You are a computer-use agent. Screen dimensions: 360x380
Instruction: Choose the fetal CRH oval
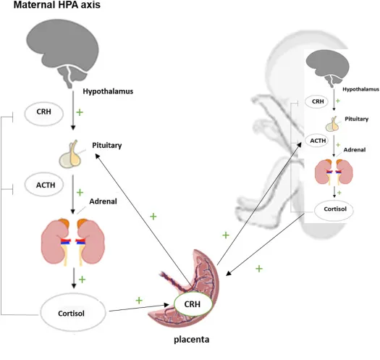[x=316, y=102]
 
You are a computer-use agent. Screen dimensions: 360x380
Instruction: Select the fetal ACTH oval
[x=316, y=141]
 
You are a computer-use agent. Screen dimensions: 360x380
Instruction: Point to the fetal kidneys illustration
[x=334, y=172]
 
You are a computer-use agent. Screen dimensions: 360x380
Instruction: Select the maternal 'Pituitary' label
[x=107, y=146]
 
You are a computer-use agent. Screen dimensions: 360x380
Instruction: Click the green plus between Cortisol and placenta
[x=139, y=299]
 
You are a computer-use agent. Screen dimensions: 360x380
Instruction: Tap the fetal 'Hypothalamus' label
[x=360, y=89]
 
